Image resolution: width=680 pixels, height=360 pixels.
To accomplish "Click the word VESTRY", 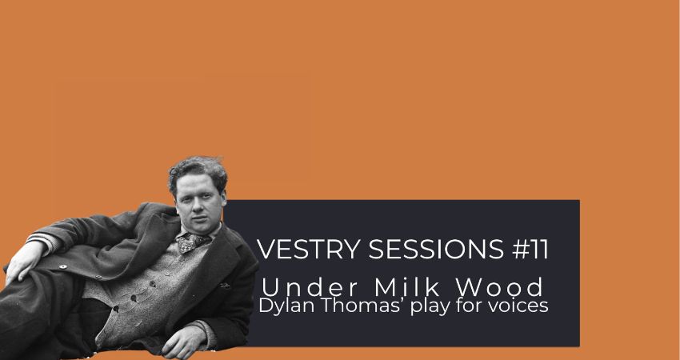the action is (x=308, y=249).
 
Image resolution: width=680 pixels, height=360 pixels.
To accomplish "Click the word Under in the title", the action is (x=310, y=287).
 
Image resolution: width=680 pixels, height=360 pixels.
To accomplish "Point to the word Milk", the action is (x=407, y=287).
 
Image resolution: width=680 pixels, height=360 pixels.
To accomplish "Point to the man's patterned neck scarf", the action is (x=191, y=242).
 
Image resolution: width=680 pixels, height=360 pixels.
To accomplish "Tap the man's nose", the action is (x=198, y=207).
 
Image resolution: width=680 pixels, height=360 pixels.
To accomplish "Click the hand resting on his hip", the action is (x=23, y=261).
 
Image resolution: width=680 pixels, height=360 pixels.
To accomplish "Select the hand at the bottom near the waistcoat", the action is (x=183, y=341).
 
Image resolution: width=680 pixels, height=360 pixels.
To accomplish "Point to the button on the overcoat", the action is (x=63, y=266).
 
